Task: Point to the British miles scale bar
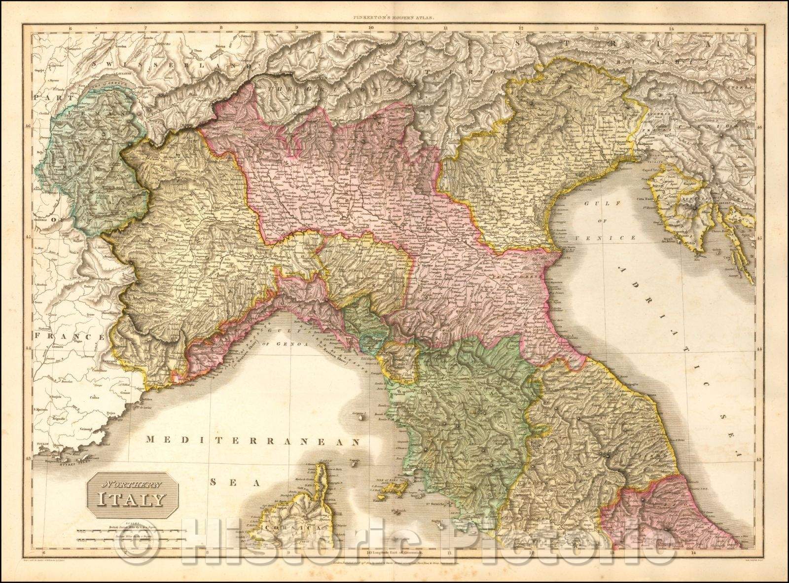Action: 131,531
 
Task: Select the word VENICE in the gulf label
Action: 612,238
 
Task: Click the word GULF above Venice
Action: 591,203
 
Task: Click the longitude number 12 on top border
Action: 521,29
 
